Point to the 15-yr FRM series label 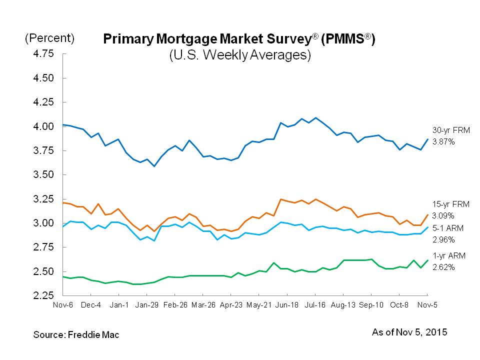click(x=448, y=204)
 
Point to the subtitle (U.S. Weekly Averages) click(x=240, y=55)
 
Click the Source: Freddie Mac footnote click(x=76, y=334)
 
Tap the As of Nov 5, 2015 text click(x=409, y=332)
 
